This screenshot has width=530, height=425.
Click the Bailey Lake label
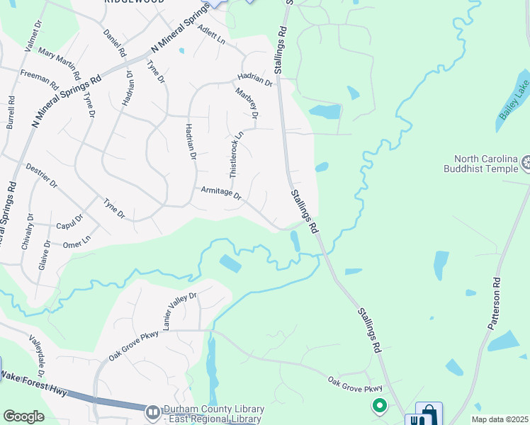pos(512,106)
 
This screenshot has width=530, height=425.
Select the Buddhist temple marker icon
pos(526,164)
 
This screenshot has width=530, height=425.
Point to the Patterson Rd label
pos(493,303)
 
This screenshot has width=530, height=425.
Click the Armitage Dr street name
pos(221,192)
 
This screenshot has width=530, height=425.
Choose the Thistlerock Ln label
pos(236,149)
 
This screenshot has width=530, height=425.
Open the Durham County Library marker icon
pos(152,412)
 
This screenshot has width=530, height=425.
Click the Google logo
pos(23,416)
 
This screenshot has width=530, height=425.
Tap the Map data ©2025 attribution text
pos(500,419)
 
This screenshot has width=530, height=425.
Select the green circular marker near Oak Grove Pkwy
pos(380,406)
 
